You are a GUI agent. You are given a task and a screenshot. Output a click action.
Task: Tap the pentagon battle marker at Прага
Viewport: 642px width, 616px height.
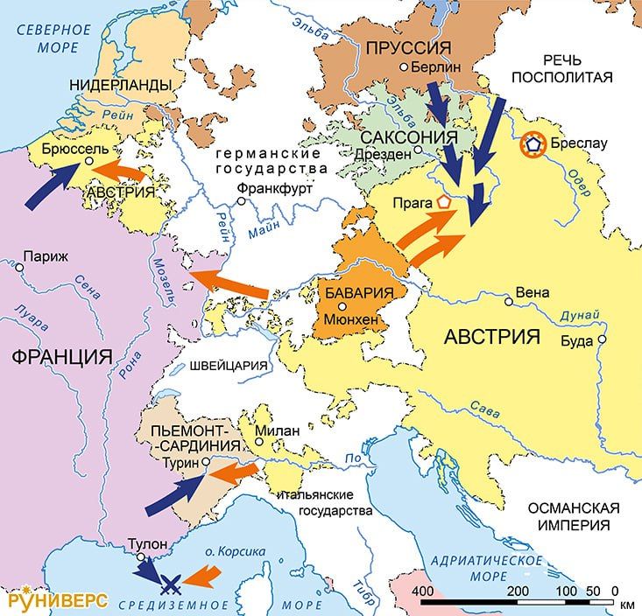(444, 202)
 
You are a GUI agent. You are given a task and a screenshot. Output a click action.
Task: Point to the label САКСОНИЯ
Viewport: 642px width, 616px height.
(409, 137)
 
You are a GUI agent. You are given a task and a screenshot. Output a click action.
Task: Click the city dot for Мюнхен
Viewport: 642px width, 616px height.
(343, 307)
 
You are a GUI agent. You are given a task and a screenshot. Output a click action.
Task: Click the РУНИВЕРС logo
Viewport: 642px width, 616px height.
(58, 600)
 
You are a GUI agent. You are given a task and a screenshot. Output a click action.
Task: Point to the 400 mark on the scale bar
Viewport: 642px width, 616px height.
(423, 591)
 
